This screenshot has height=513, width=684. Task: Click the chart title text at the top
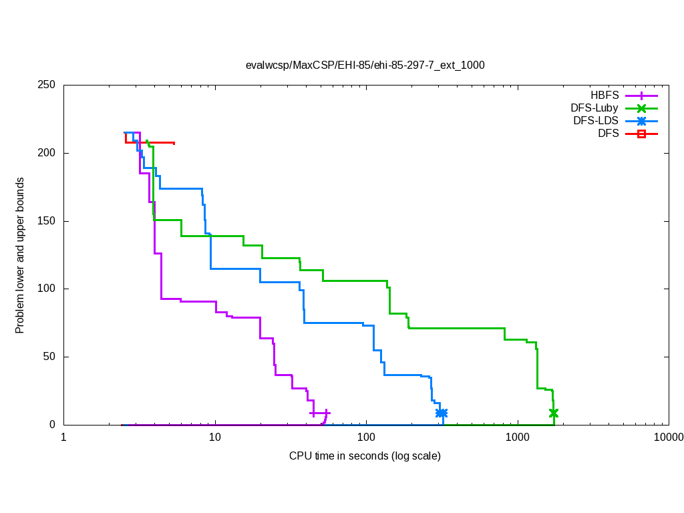365,65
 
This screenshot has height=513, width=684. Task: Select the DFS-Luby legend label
594,108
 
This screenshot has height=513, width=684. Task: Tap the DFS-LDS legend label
596,121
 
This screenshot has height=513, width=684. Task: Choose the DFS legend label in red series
609,134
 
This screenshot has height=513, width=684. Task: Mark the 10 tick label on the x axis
214,438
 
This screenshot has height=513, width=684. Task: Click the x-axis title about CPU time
365,456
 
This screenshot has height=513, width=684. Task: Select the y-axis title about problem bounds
20,255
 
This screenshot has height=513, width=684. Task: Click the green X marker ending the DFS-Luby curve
553,413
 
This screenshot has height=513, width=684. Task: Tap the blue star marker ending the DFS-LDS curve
442,413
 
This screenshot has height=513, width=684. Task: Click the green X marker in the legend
641,108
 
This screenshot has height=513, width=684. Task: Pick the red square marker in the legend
641,134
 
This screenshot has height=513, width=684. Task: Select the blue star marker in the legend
641,121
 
